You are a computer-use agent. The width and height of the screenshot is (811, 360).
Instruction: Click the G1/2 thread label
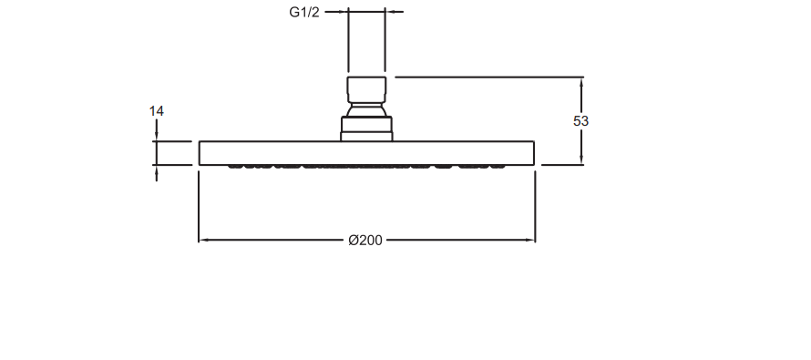[x=304, y=13]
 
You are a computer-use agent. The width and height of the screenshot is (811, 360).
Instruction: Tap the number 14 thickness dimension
[x=156, y=111]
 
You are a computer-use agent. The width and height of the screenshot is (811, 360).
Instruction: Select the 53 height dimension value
[x=580, y=121]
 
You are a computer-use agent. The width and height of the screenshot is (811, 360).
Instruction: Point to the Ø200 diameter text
[x=365, y=241]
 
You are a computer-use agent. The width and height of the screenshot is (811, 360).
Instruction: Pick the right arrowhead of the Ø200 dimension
[x=529, y=240]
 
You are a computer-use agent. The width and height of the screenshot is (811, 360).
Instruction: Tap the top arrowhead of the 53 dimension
[x=581, y=83]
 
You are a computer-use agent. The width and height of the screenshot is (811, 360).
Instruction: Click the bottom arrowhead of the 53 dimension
[x=581, y=159]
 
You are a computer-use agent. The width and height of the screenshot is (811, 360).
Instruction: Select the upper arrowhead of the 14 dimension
[x=157, y=136]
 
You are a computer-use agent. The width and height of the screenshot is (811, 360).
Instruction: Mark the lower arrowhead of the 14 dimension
[x=157, y=170]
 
